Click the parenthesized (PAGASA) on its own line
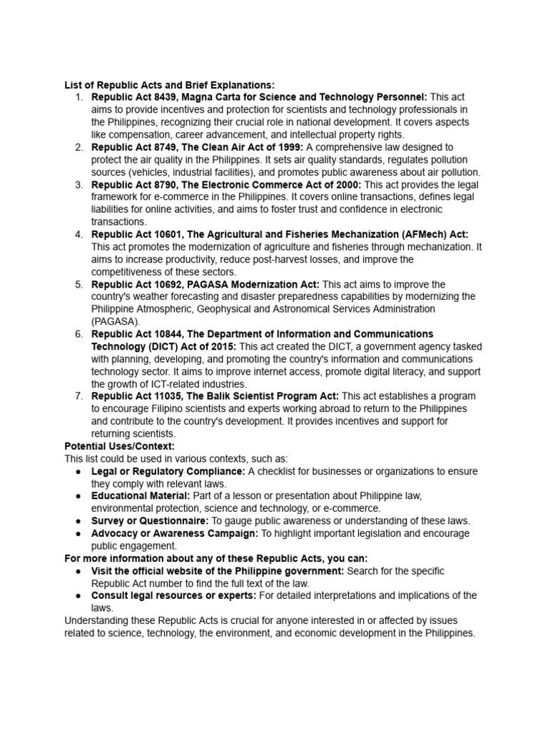tap(115, 322)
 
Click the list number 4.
tap(78, 235)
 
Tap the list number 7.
tap(78, 396)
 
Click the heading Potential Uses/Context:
tap(119, 446)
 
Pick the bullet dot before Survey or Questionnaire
tap(78, 521)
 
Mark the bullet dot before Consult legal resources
tap(78, 595)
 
